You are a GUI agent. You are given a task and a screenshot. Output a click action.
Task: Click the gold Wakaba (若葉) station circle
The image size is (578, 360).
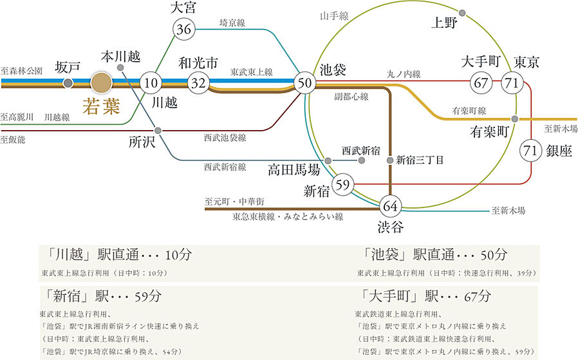coord(101,82)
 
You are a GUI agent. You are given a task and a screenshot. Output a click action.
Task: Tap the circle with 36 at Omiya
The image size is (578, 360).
coord(183,29)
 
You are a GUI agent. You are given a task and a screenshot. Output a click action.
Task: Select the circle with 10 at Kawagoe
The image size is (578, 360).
coord(151,82)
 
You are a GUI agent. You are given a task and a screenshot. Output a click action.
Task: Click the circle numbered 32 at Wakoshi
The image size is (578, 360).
coord(198,82)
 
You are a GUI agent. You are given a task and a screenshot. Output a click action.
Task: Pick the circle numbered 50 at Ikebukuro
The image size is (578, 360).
coord(305,82)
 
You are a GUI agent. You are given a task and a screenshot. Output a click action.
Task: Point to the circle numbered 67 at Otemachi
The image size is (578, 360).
coord(481,82)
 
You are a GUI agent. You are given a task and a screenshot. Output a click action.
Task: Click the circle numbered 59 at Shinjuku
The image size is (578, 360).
coord(343,184)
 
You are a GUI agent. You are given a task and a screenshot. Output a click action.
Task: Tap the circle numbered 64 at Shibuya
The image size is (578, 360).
coord(390,206)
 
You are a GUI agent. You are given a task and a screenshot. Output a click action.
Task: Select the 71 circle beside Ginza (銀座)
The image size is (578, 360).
coord(530,150)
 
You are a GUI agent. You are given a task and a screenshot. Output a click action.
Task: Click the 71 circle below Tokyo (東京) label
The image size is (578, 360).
coord(512,82)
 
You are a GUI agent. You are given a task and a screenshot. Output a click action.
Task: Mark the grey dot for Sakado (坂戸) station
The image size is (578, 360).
coord(68,83)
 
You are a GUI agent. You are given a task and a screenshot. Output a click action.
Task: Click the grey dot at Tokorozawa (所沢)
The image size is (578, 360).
coord(158,130)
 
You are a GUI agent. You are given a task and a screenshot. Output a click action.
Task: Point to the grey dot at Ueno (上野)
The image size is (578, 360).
coord(462,14)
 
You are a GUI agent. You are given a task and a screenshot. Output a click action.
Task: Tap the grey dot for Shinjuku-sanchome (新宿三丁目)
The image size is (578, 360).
coord(390,160)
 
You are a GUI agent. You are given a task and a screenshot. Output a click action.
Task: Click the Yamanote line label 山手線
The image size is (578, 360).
coord(334,16)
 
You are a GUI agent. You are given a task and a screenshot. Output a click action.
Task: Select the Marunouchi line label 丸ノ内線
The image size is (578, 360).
coord(404,74)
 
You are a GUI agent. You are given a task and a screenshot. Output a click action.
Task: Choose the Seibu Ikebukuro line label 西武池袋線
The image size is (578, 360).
coord(225,138)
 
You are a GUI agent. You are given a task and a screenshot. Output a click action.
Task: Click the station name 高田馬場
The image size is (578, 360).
coord(294,170)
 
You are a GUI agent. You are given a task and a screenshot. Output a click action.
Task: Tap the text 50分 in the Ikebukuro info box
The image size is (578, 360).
coord(494,254)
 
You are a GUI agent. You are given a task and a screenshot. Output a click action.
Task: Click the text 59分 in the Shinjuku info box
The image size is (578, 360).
coord(148,296)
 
